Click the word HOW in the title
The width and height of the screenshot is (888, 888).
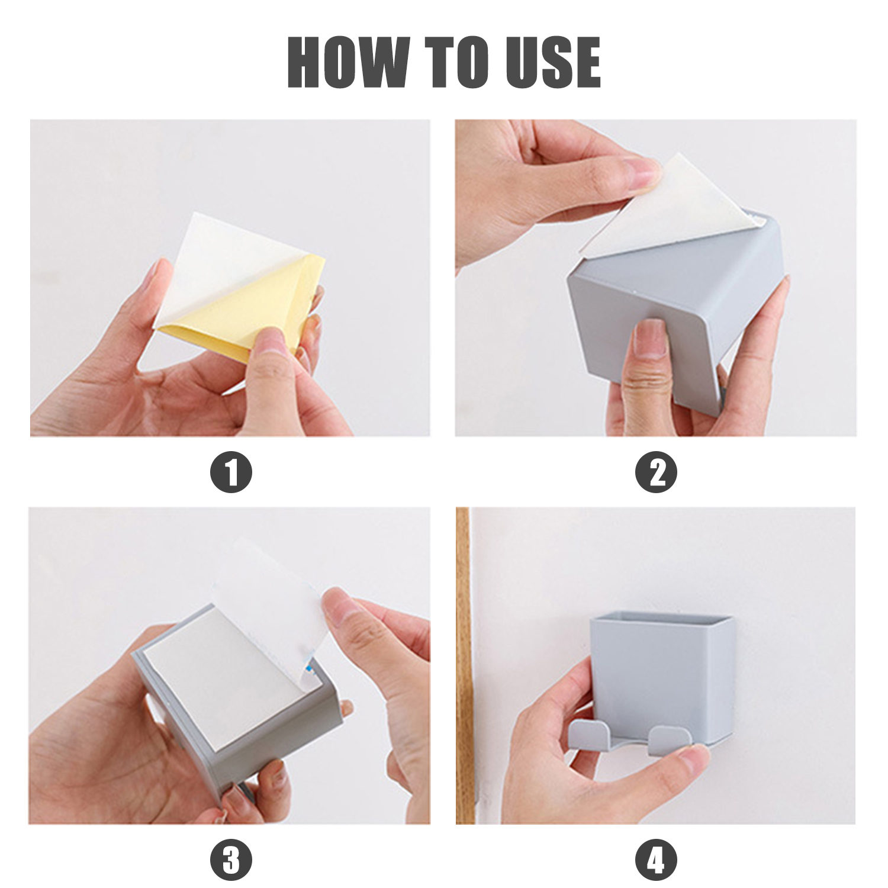[x=348, y=62]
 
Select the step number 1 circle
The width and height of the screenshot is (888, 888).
[x=231, y=472]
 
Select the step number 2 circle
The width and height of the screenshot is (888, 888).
[x=656, y=472]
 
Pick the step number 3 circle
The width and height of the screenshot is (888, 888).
[x=231, y=860]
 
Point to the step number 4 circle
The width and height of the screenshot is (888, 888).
[x=656, y=860]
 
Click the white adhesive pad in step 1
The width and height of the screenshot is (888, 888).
[x=231, y=260]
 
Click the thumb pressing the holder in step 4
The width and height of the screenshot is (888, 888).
[x=687, y=758]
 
